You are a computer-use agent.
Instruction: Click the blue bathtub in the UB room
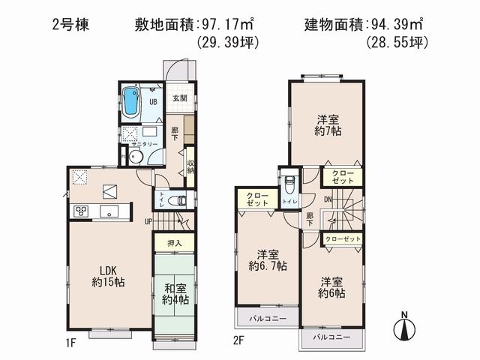click(x=131, y=102)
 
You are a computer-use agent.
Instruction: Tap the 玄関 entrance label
click(x=180, y=98)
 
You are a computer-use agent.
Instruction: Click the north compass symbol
click(x=403, y=328)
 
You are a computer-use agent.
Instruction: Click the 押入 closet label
click(x=174, y=244)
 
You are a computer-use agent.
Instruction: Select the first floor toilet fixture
click(x=175, y=200)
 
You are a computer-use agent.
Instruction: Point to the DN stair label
click(x=328, y=199)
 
